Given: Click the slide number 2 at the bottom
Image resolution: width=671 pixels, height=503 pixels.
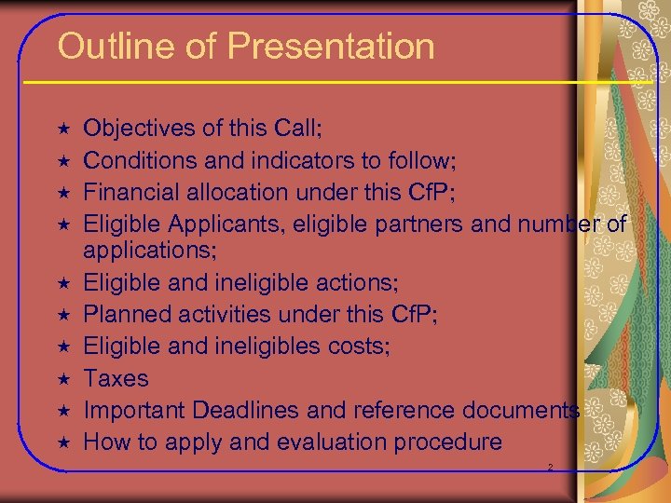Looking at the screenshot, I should (551, 467).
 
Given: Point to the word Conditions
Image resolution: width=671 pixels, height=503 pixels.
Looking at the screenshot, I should (140, 160).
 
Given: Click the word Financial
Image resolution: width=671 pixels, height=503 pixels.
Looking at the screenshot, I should (130, 192).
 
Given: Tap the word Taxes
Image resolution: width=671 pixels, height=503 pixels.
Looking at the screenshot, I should (116, 378).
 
